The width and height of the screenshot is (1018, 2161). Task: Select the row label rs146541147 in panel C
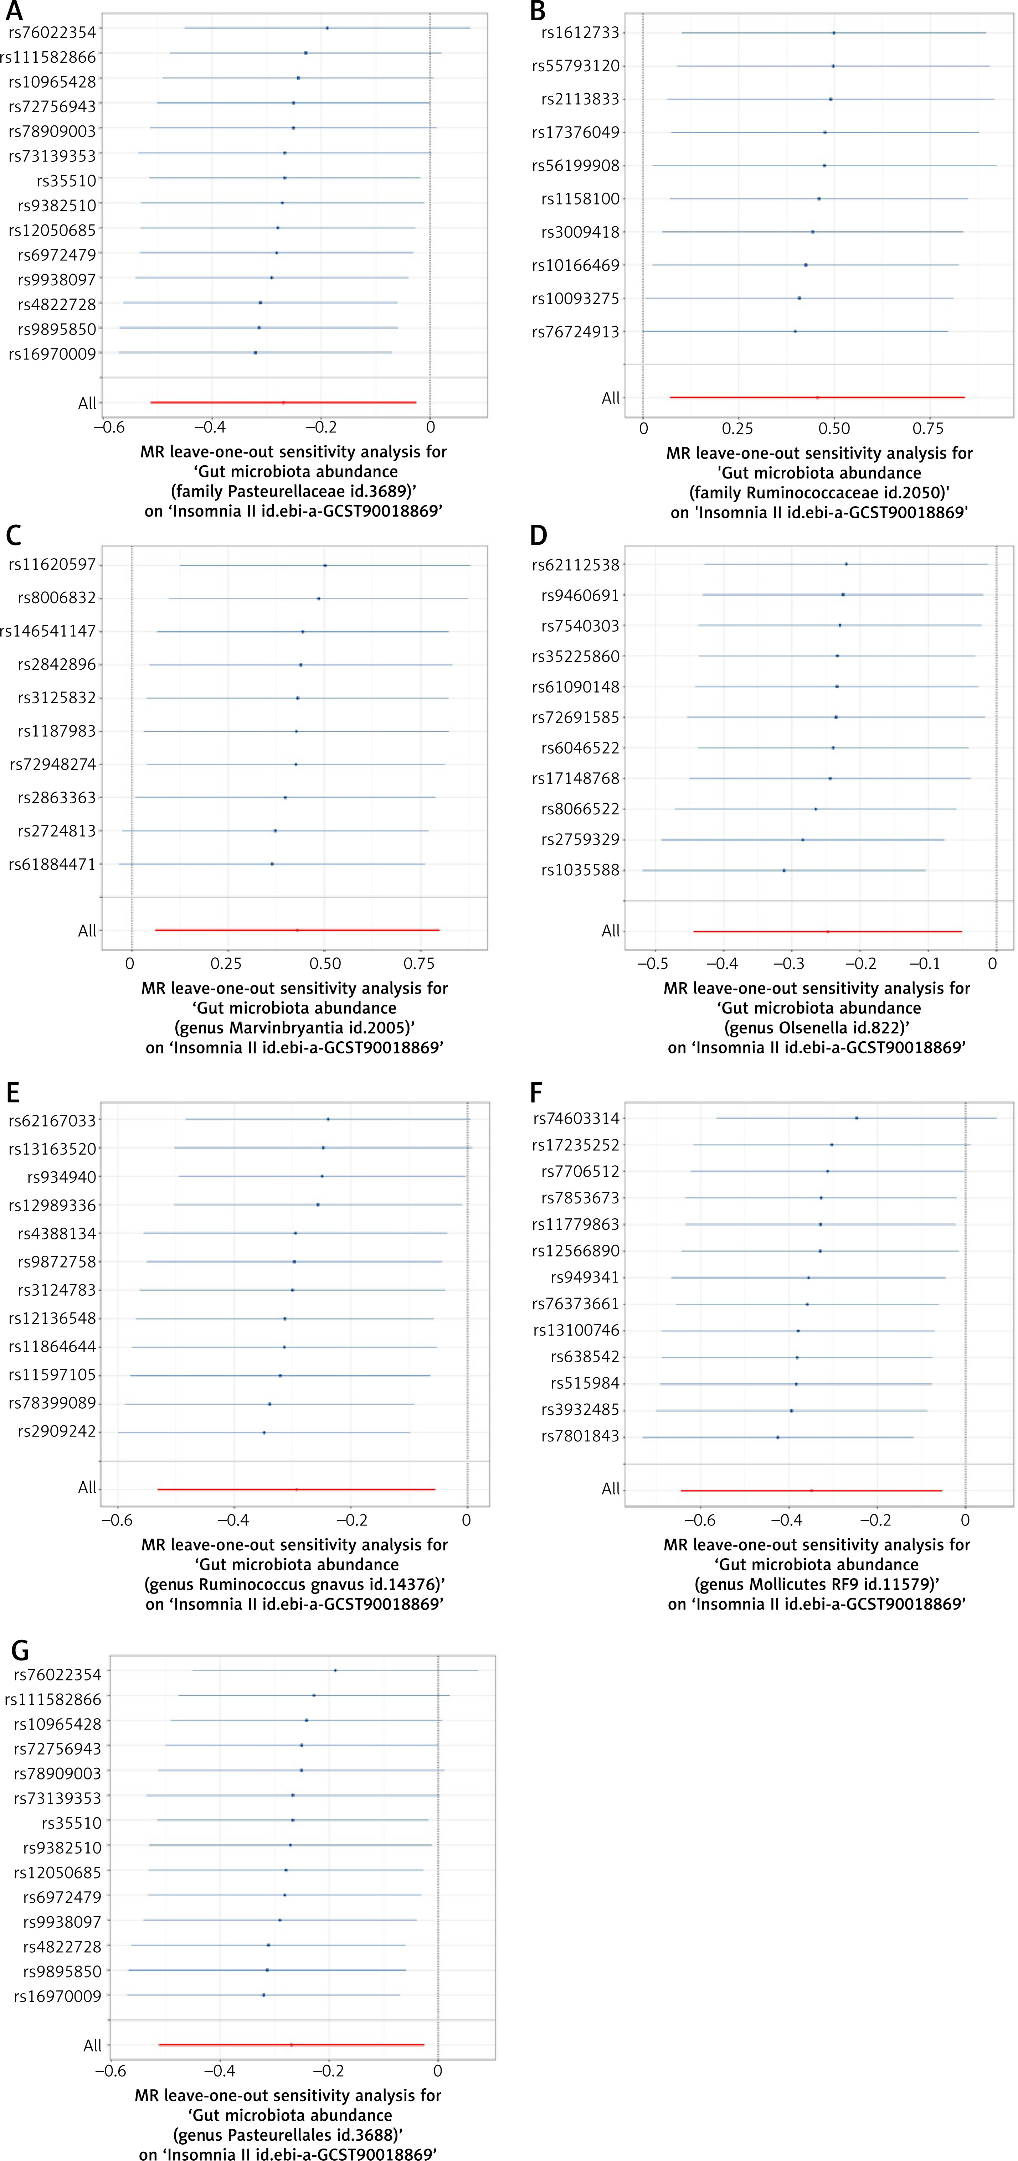tap(49, 631)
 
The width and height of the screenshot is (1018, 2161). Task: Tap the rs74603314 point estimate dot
tap(856, 1118)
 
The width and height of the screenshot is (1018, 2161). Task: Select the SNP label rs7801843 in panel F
tap(580, 1436)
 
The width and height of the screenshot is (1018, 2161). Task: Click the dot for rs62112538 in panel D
tap(846, 564)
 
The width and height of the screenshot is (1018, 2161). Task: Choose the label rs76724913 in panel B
tap(575, 332)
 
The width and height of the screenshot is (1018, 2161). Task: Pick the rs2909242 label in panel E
tap(57, 1431)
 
